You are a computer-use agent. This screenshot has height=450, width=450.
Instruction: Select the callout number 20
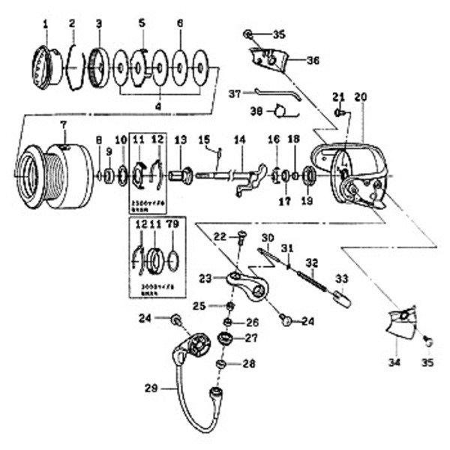pos(360,96)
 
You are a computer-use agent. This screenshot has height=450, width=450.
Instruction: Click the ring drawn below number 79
pos(172,259)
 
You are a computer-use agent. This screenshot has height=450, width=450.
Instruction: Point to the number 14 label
pos(239,140)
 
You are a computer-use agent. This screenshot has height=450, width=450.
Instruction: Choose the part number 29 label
pos(150,388)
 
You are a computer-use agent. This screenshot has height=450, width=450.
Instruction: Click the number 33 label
pos(342,278)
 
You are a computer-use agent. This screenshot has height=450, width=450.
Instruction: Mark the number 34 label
pos(394,363)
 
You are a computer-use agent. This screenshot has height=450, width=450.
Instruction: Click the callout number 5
pos(141,22)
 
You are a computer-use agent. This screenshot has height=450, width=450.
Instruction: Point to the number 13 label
pos(180,140)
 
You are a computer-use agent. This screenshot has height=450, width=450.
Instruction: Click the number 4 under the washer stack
pos(158,106)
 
